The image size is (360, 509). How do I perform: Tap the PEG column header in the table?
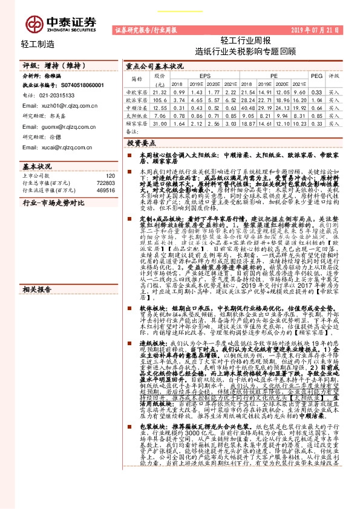(x=316, y=76)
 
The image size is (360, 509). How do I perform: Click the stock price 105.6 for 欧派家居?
(x=160, y=99)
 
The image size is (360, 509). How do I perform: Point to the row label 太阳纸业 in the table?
(x=136, y=114)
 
